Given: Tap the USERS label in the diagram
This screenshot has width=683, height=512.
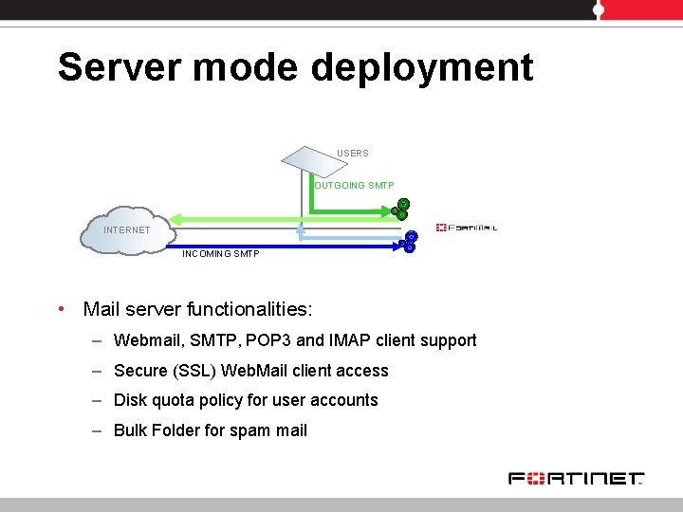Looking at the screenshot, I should (353, 153).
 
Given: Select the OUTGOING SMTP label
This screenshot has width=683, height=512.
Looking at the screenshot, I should (354, 185).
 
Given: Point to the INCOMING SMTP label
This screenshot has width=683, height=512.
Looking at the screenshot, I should (220, 254).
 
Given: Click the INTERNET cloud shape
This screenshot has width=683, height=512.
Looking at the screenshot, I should (125, 229).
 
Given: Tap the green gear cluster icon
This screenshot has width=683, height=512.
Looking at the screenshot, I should (401, 210).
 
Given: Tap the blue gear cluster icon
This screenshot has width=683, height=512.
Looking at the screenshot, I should (409, 243).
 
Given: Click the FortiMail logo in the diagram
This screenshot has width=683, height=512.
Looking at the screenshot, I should (467, 228).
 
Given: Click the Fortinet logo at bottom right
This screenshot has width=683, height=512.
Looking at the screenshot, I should (576, 479).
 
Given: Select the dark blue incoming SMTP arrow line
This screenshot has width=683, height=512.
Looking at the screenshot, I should (285, 247).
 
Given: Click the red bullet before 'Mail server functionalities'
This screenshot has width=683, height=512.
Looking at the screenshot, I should (60, 309).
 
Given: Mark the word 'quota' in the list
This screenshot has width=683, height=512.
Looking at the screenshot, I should (173, 400).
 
